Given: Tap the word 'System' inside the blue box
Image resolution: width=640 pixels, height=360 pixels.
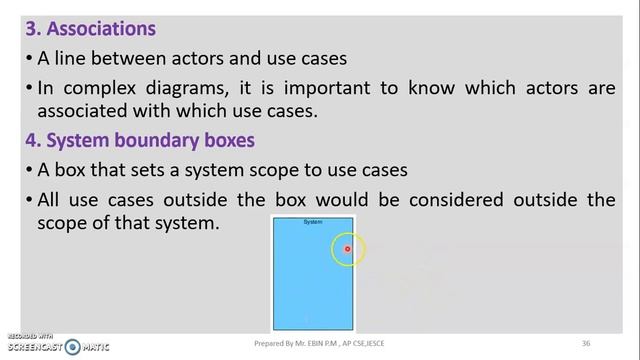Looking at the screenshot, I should click(313, 222).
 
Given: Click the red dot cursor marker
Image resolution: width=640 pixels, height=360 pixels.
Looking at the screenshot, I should click(348, 249).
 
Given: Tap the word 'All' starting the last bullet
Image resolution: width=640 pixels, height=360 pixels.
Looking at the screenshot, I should click(49, 199).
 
